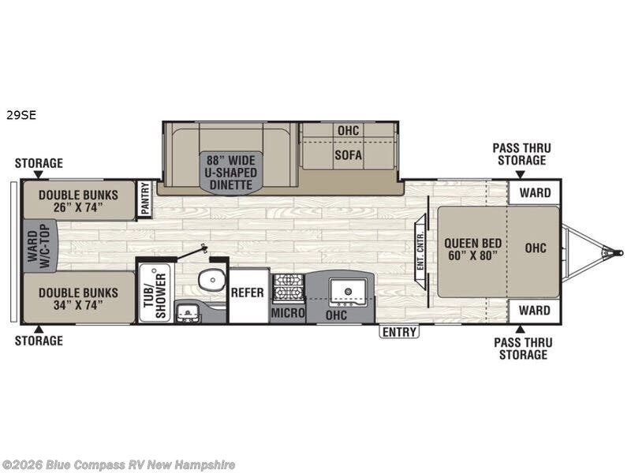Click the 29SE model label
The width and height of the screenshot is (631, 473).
(21, 115)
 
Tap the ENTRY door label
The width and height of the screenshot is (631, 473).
(399, 332)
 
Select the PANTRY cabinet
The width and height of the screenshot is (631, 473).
(145, 199)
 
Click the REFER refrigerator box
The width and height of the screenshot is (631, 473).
(248, 296)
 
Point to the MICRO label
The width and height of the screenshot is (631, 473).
(288, 312)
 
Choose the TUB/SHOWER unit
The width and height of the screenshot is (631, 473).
(155, 291)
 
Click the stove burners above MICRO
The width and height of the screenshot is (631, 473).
(288, 288)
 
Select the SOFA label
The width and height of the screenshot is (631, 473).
(349, 155)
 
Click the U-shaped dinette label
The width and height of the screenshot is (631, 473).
(231, 173)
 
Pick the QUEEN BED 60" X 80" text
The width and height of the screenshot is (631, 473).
(472, 249)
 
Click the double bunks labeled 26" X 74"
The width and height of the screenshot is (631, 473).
(78, 201)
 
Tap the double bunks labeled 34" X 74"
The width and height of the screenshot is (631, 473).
(78, 298)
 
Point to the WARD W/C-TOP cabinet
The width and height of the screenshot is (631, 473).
(39, 246)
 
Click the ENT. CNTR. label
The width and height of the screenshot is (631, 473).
(420, 251)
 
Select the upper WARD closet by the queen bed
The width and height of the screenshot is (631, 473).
(535, 192)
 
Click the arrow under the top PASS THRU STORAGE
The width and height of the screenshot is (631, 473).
(521, 174)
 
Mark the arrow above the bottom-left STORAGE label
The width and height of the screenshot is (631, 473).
(38, 329)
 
